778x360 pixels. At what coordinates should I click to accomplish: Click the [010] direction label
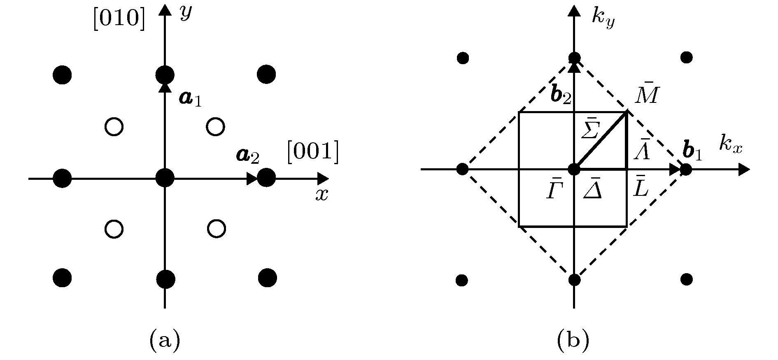[119, 19]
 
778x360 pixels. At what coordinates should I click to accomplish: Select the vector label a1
[190, 99]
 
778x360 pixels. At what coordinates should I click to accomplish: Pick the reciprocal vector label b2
[561, 96]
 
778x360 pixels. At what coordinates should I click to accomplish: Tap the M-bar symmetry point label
[647, 96]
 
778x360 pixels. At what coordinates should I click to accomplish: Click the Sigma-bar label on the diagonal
[590, 130]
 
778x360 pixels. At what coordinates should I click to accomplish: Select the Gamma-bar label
[554, 190]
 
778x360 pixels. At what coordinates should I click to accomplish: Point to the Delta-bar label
[592, 190]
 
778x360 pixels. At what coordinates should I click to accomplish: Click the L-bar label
[640, 187]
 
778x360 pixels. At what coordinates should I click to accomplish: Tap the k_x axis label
[731, 145]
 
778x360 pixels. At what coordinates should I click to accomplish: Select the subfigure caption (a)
[165, 340]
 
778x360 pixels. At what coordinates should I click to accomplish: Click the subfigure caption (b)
[573, 340]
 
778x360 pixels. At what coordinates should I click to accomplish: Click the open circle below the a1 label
[215, 127]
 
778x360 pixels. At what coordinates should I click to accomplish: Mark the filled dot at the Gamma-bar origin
[573, 169]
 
